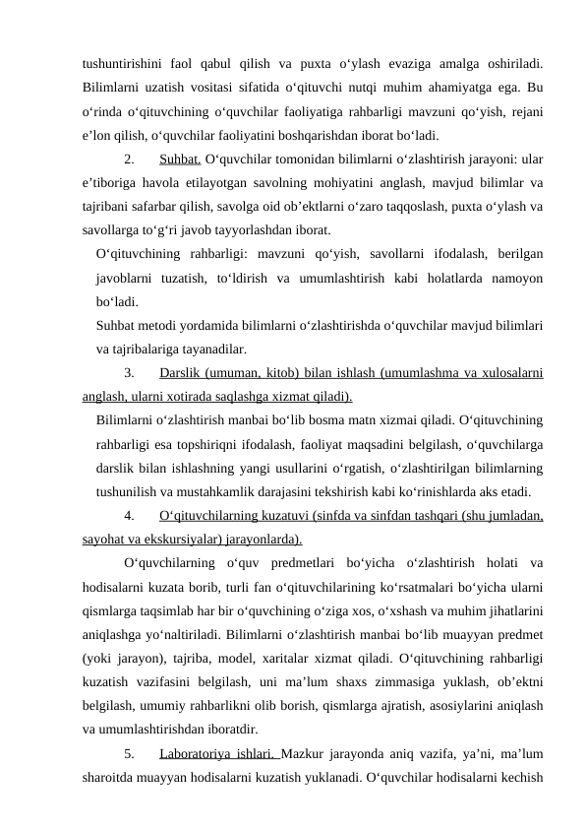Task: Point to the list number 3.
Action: pyautogui.click(x=129, y=374)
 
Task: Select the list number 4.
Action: pyautogui.click(x=129, y=517)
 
